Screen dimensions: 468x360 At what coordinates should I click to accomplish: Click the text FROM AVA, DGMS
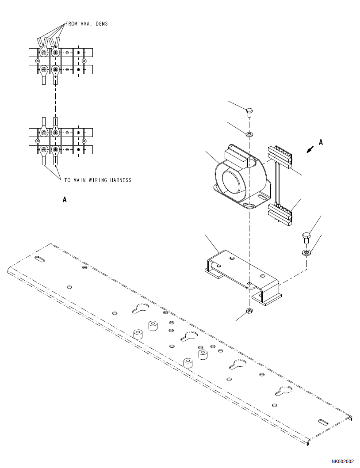click(86, 24)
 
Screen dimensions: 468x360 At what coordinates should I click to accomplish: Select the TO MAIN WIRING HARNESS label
click(97, 180)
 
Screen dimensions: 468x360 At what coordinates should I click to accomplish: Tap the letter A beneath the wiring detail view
click(65, 200)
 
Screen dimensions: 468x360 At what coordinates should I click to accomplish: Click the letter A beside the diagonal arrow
click(321, 142)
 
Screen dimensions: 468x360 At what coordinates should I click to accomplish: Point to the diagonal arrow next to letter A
click(310, 150)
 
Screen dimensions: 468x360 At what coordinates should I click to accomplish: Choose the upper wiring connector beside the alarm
click(280, 158)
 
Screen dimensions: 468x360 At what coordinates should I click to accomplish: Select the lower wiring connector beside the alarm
click(280, 213)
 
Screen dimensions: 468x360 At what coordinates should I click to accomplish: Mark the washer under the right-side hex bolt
click(306, 253)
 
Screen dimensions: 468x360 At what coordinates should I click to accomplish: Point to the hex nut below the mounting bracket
click(249, 311)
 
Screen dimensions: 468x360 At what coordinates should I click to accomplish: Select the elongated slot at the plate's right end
click(322, 422)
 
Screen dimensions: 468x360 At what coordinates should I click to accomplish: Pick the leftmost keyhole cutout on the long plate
click(141, 309)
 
